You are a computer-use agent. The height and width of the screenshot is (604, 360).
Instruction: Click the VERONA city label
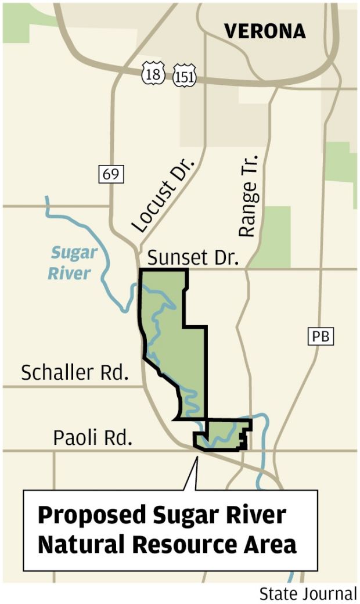(x=265, y=31)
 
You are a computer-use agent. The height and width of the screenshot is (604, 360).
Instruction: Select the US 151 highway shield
(x=184, y=75)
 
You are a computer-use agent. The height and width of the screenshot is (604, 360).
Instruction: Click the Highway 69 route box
(x=111, y=174)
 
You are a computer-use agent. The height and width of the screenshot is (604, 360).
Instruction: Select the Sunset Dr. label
(x=193, y=257)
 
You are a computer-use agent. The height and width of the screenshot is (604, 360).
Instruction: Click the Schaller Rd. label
(x=74, y=372)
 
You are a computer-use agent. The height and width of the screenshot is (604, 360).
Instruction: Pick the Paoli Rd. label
(x=92, y=437)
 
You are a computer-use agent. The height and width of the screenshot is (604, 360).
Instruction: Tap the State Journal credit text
(x=308, y=594)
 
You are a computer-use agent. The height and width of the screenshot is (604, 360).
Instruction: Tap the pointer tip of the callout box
(x=196, y=459)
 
